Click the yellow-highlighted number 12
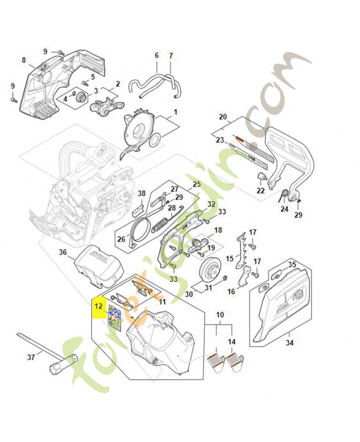pos(99,307)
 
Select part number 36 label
pos(62,252)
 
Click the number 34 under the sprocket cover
pos(289,343)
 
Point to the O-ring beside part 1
pos(154,140)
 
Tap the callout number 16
pos(231,291)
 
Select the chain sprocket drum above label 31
pos(211,269)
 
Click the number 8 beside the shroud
pos(24,60)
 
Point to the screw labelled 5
pos(84,82)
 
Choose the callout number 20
pos(223,117)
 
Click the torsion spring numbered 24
pos(284,195)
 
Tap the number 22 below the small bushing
pos(261,191)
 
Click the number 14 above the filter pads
pos(231,341)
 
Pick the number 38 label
pos(142,193)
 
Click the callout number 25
pos(197,184)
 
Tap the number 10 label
pos(220,314)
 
